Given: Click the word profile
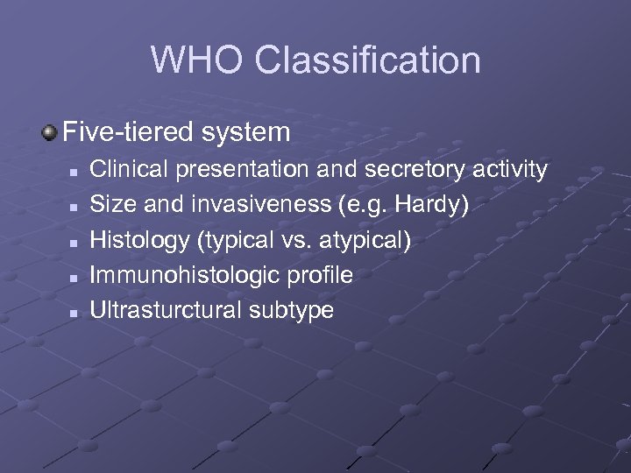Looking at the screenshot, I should tap(315, 275).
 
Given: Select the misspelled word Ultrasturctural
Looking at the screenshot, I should tap(164, 310).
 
